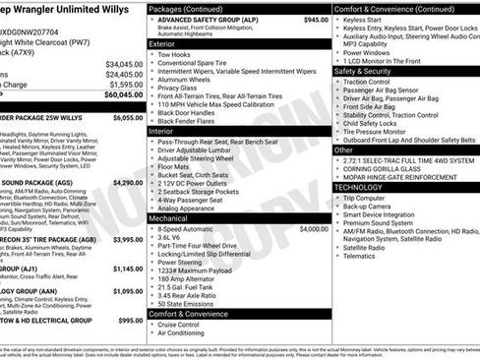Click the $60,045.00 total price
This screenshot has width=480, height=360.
coord(124,96)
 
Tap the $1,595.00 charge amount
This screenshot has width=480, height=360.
coord(126,85)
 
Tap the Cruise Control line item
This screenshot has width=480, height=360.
coord(179,324)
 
